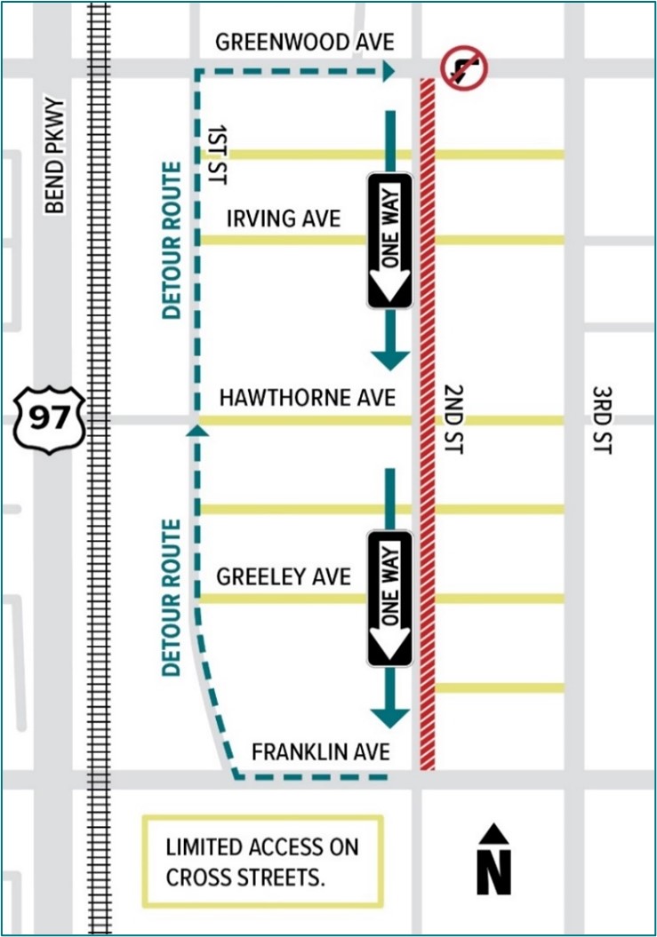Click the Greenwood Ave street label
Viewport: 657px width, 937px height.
pyautogui.click(x=304, y=42)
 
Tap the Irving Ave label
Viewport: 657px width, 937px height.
pyautogui.click(x=284, y=218)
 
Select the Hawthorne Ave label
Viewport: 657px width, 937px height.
pyautogui.click(x=307, y=399)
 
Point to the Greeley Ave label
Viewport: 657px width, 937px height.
pyautogui.click(x=284, y=576)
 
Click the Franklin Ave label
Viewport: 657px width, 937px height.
pyautogui.click(x=320, y=751)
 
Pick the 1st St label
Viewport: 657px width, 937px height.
pyautogui.click(x=214, y=154)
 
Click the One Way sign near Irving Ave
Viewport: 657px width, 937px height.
pyautogui.click(x=390, y=240)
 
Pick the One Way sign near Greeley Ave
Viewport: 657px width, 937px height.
pyautogui.click(x=390, y=598)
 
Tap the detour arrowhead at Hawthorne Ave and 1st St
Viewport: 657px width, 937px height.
pyautogui.click(x=196, y=431)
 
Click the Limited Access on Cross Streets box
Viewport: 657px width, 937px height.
pyautogui.click(x=262, y=861)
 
